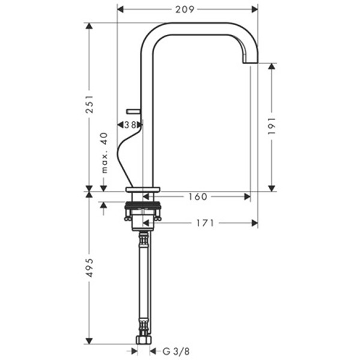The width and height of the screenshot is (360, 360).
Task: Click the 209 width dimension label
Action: pos(187,10)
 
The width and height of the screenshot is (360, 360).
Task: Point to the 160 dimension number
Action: pos(197,197)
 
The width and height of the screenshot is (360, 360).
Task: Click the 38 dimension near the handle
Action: pos(130,125)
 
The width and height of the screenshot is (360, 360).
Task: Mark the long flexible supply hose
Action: pos(144,282)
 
